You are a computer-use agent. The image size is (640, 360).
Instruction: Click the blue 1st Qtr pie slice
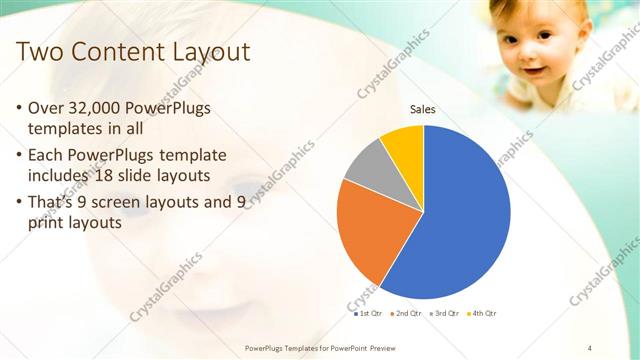tap(460, 220)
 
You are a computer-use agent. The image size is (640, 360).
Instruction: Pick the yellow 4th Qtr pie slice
tap(405, 145)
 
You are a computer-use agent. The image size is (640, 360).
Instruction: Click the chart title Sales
tap(423, 110)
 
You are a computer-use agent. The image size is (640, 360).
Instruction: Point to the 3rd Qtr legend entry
tap(445, 313)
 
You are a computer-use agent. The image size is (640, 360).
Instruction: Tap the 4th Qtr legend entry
tap(483, 313)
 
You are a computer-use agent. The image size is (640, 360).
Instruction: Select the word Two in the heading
tap(39, 52)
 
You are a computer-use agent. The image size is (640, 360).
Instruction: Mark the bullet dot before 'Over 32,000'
tap(22, 108)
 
